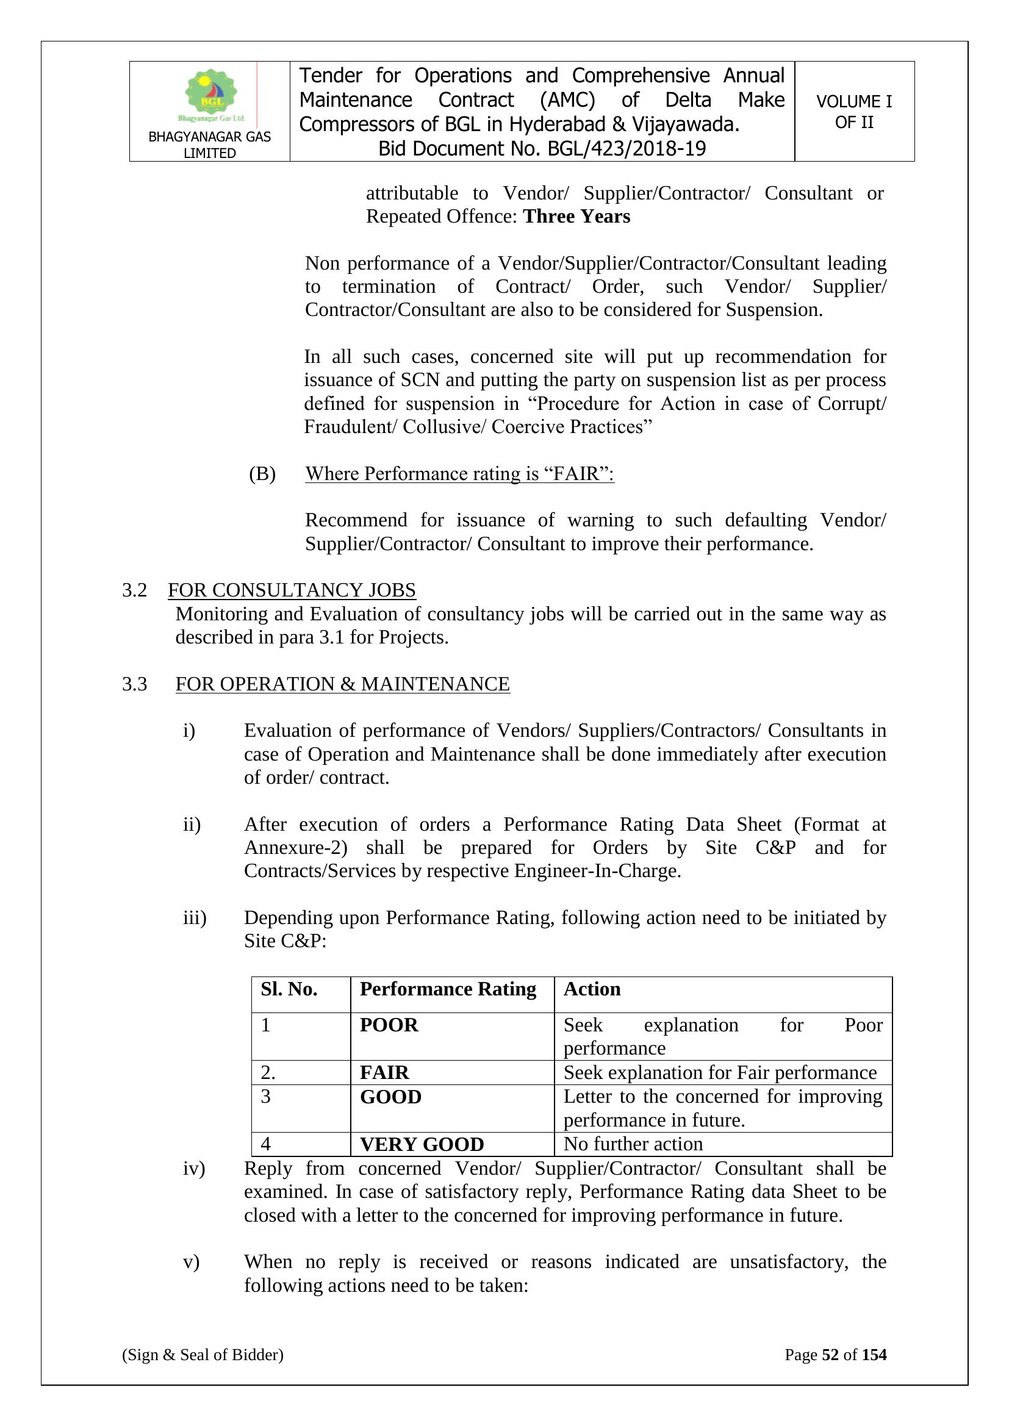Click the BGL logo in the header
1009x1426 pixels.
pos(211,95)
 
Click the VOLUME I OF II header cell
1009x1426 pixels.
pos(853,112)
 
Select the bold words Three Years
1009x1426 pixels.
pos(576,217)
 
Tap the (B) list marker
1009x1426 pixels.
pos(262,474)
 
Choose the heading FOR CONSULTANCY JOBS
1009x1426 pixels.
pos(292,590)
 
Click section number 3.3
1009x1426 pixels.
pos(134,684)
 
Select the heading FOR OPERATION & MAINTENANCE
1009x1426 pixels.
pos(342,684)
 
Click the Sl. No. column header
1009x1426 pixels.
pos(289,989)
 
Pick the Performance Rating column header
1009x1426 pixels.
pos(447,989)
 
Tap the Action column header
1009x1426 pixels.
pos(592,989)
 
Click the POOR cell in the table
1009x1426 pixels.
pos(389,1025)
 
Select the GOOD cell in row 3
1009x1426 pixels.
pos(390,1097)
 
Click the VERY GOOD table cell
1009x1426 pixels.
pos(422,1144)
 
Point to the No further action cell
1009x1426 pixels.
pos(633,1144)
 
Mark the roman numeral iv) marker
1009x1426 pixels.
pos(193,1168)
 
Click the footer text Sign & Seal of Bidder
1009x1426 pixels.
pos(203,1355)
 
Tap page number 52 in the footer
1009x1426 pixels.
pos(830,1355)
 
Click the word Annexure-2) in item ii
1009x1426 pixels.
pos(296,848)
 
